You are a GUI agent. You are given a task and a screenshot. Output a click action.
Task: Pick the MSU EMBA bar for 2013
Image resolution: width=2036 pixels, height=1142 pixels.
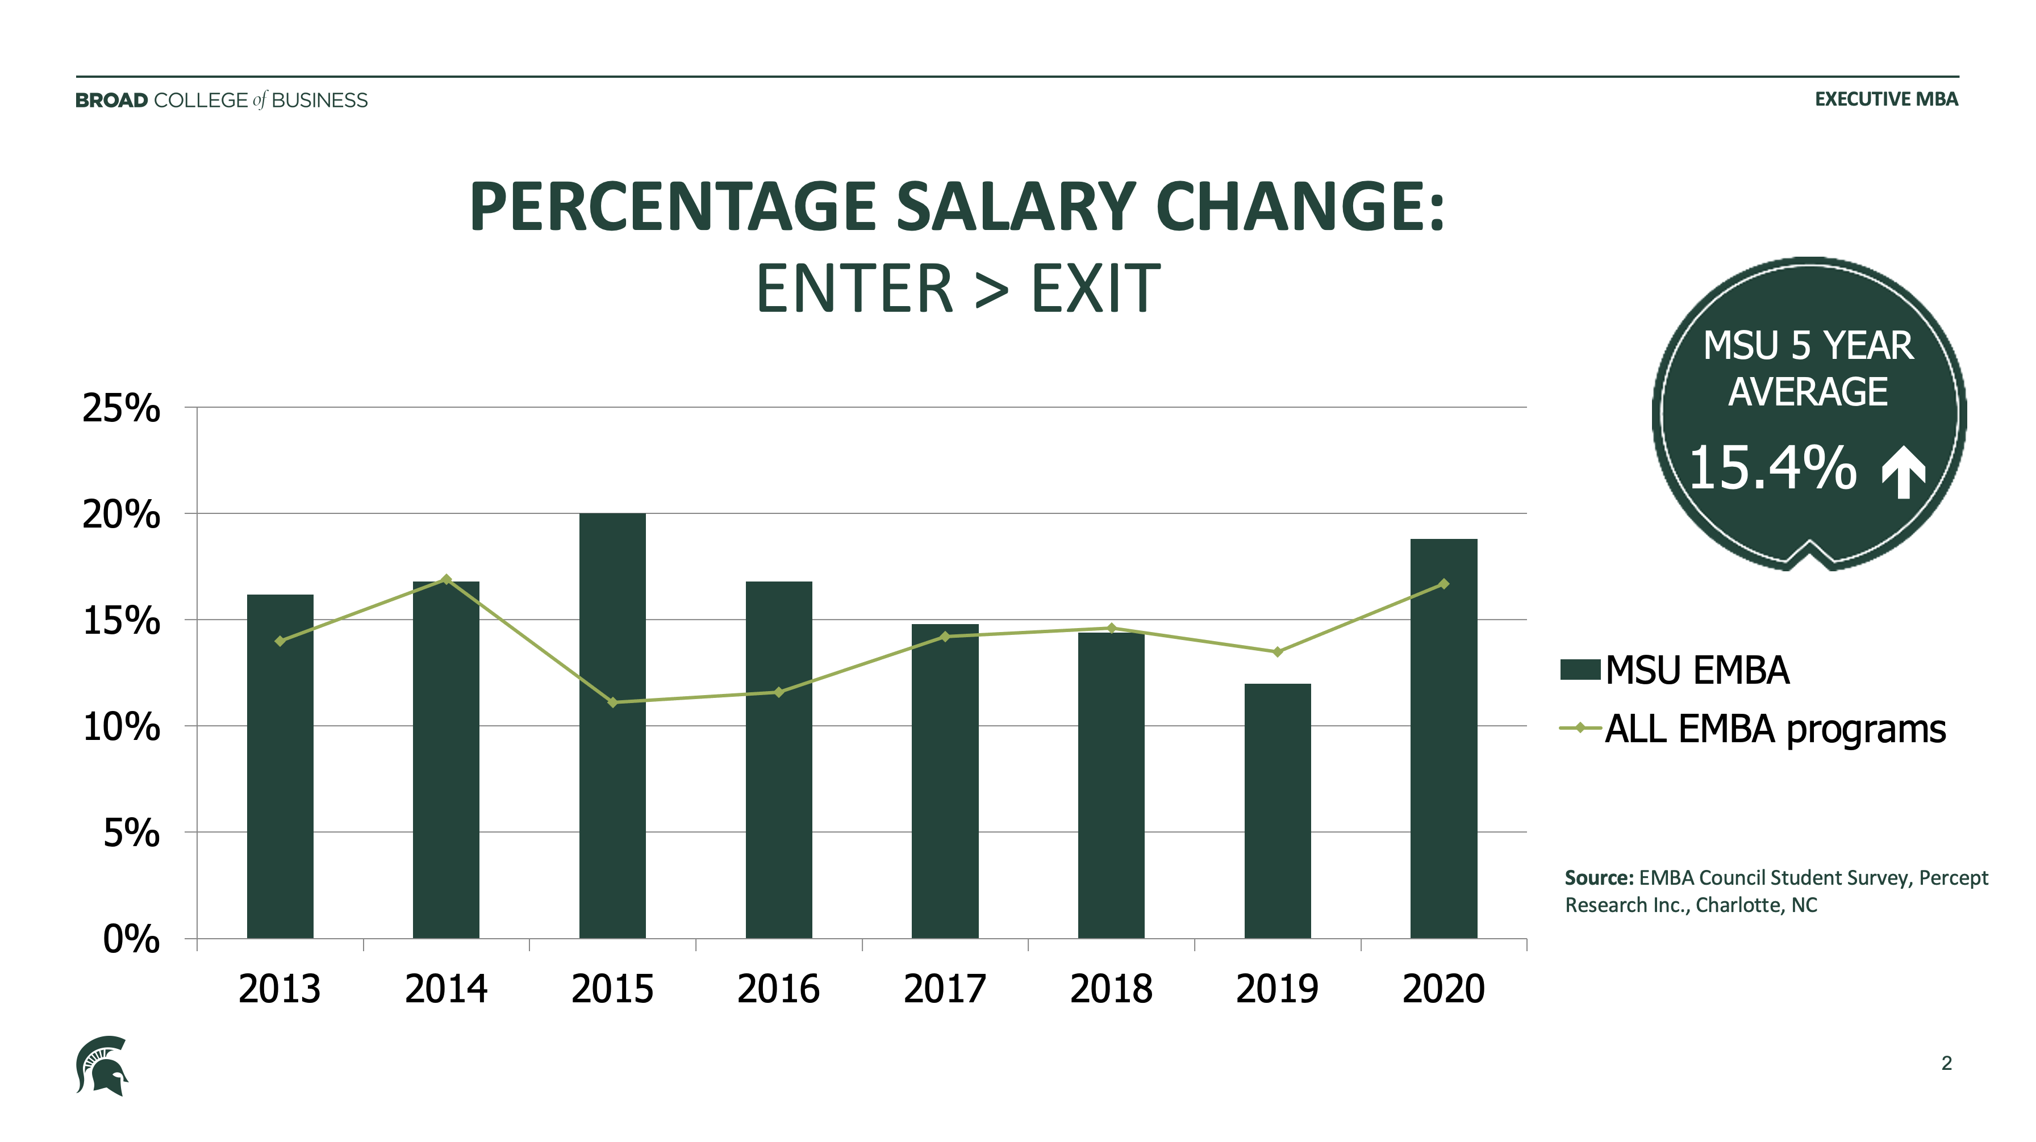(x=280, y=766)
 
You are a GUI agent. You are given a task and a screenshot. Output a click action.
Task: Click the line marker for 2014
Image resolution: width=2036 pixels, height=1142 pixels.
(x=447, y=579)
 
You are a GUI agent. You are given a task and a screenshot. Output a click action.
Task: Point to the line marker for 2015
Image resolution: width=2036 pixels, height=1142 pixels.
(x=612, y=702)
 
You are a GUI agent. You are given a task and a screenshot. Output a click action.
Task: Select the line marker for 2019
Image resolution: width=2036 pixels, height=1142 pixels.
(x=1277, y=652)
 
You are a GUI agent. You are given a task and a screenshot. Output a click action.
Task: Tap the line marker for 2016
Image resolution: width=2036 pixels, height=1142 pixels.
(x=778, y=692)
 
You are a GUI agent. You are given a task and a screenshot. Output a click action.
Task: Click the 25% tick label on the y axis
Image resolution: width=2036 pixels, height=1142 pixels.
(x=121, y=409)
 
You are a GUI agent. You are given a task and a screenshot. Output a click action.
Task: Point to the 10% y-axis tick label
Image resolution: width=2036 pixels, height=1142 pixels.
(x=121, y=727)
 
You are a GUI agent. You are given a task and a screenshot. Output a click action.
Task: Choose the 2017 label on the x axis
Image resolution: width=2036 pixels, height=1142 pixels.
(x=945, y=989)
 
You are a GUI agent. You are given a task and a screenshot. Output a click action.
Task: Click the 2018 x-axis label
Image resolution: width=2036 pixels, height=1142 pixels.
(x=1111, y=989)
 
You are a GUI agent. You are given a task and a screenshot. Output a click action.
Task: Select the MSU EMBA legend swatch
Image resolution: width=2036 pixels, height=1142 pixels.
(x=1580, y=670)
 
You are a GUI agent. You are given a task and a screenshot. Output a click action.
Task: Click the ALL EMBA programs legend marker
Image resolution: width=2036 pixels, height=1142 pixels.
(x=1580, y=728)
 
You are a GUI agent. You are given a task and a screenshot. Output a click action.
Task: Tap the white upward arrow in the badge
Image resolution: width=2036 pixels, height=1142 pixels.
(x=1904, y=472)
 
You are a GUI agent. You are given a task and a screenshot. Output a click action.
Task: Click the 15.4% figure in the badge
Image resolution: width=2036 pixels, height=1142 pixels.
(x=1772, y=468)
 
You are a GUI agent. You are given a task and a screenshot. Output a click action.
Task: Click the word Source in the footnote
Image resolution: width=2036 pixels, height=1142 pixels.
(x=1598, y=878)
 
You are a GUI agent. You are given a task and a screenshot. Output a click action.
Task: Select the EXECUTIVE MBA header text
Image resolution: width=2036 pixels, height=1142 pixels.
(x=1886, y=99)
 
